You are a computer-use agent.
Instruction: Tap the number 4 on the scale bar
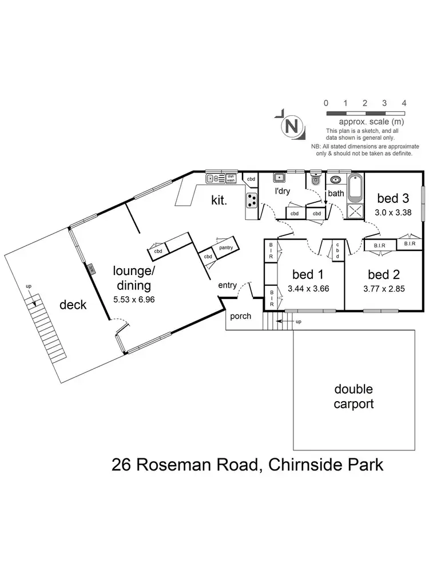click(404, 103)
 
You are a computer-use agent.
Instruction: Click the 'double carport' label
click(354, 397)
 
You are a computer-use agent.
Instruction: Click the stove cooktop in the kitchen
click(252, 201)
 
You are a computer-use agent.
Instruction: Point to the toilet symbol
click(315, 179)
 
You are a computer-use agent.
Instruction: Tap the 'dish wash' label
click(231, 178)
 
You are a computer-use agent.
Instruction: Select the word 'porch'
click(240, 316)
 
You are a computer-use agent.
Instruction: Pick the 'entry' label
click(228, 285)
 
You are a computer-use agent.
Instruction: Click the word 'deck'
click(73, 304)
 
